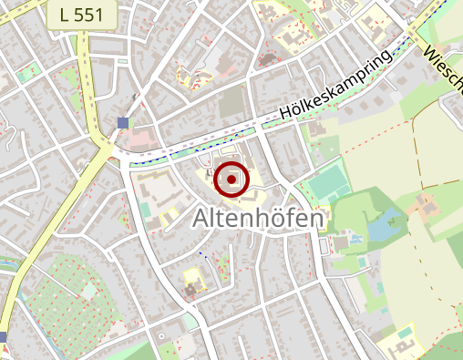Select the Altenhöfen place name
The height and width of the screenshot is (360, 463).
pos(259,220)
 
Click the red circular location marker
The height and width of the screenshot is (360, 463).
pos(231,180)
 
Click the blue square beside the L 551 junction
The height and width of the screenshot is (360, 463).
pos(123,122)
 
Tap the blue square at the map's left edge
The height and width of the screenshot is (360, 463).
pos(3,337)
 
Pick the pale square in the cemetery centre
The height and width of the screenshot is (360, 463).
pos(88,291)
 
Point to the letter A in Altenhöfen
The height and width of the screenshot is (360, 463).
pos(203,221)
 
